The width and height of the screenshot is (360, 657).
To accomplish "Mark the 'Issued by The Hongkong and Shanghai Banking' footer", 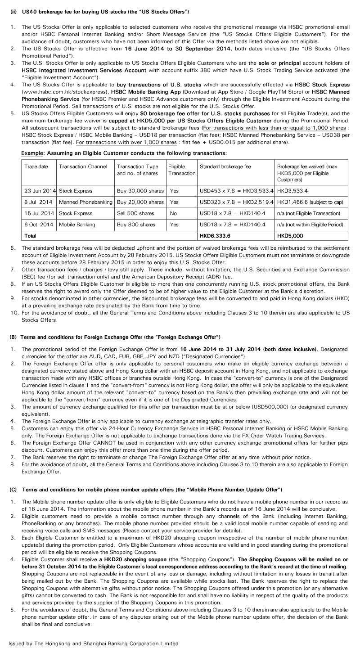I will click(x=93, y=643).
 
